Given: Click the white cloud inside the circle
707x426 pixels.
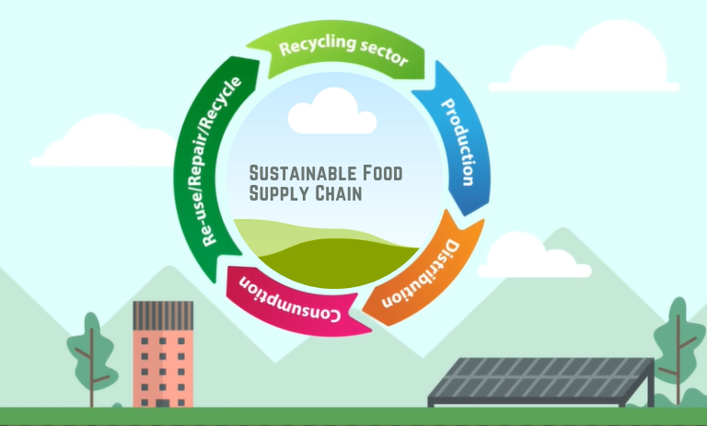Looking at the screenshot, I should pos(331,114).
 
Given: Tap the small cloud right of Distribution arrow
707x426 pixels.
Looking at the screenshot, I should pos(533,258).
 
